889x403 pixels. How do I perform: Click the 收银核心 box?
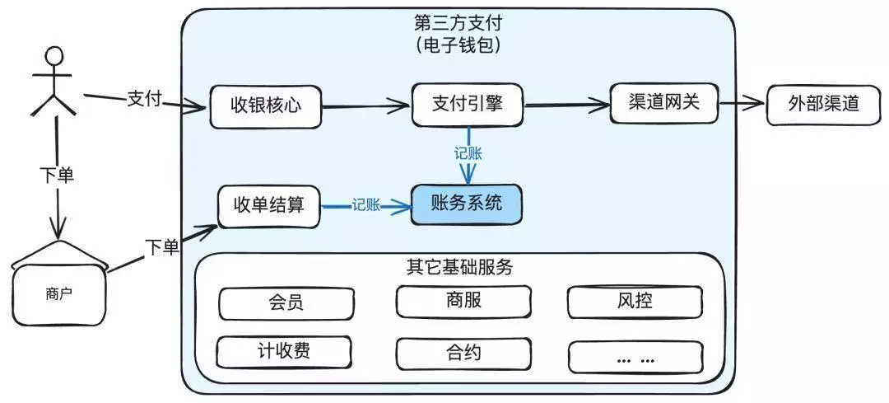265,106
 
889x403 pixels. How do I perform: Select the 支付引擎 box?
467,105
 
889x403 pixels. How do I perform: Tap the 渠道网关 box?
665,104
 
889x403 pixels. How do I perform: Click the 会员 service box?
285,302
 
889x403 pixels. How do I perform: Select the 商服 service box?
462,301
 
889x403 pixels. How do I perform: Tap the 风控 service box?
635,302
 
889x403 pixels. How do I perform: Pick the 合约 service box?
462,354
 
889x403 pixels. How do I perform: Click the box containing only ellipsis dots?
635,356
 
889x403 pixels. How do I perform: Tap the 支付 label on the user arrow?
144,98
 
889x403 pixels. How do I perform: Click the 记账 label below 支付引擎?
468,153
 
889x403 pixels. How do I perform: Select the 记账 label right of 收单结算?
365,206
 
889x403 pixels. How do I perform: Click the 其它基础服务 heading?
459,268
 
